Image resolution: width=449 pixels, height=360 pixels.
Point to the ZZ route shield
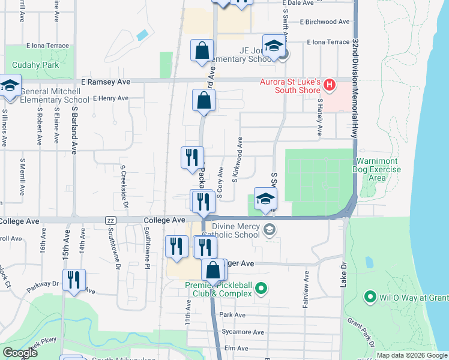(x=110, y=220)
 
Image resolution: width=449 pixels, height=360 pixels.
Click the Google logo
(x=20, y=353)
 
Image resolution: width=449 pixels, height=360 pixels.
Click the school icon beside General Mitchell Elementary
(x=10, y=86)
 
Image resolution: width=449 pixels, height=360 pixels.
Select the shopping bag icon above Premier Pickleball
(x=212, y=271)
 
